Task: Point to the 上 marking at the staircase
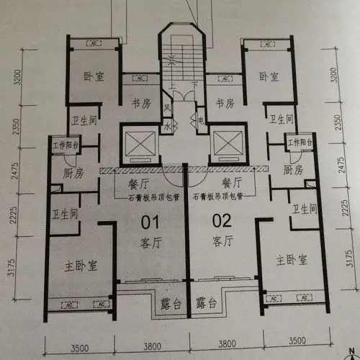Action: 174,84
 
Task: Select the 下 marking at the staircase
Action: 194,84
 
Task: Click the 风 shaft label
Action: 166,109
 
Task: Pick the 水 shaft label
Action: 166,125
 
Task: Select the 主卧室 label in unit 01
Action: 81,266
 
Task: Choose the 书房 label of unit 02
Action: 225,103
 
